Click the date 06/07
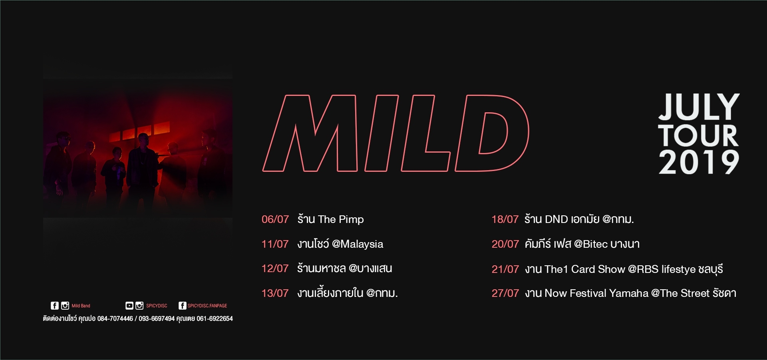275,219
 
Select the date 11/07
275,244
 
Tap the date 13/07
275,293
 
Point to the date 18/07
505,219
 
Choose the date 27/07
505,293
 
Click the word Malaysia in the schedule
362,244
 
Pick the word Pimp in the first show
351,220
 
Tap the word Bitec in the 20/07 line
595,244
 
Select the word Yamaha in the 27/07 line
629,293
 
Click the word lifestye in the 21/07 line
678,269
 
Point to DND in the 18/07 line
556,219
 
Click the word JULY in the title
699,107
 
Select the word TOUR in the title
698,135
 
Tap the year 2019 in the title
699,162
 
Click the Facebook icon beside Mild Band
55,306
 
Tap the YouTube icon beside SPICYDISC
129,306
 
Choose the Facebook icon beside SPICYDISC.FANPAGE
182,306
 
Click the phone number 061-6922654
215,318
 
